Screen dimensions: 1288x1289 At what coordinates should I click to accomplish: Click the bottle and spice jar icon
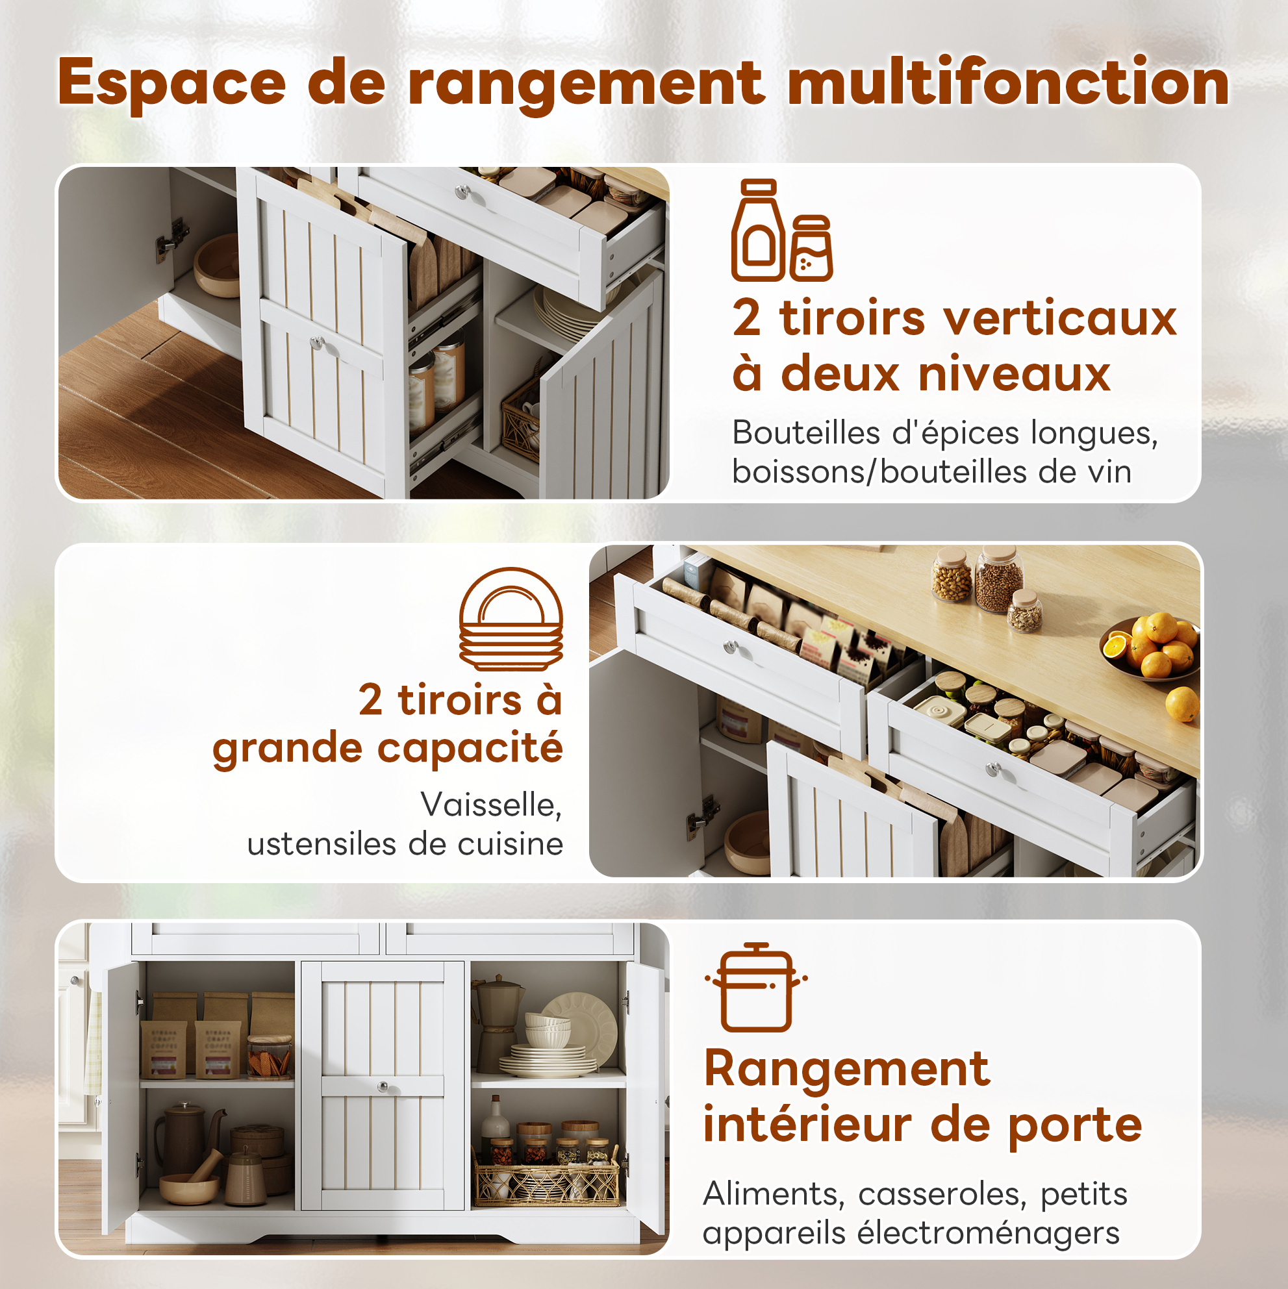(x=781, y=230)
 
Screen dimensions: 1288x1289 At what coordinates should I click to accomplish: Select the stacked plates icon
(x=511, y=618)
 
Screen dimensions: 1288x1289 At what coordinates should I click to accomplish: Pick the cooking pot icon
(x=756, y=987)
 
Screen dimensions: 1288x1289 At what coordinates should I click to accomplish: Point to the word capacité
(x=470, y=748)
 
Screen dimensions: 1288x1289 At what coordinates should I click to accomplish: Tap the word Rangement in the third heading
(x=847, y=1070)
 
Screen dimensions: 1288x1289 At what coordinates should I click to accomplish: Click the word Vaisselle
(x=491, y=805)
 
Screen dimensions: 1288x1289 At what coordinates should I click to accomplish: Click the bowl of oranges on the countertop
(x=1149, y=648)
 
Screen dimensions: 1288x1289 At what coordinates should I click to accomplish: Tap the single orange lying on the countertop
(x=1182, y=705)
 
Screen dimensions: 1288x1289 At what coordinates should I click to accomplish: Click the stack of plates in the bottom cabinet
(x=548, y=1062)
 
